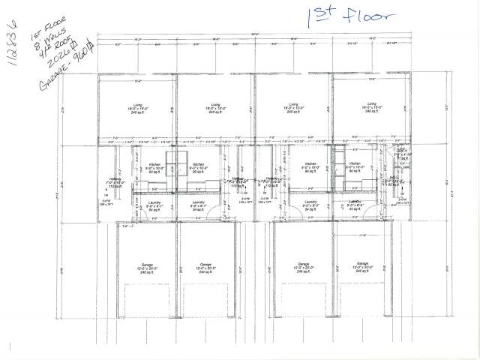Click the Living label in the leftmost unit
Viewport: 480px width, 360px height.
(x=137, y=104)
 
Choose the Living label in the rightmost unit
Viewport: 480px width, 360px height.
(x=371, y=104)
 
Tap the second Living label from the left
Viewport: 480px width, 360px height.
(x=215, y=104)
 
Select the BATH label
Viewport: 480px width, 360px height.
(x=403, y=150)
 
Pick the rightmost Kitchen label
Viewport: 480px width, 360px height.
(x=355, y=163)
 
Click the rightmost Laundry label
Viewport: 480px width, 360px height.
(x=355, y=202)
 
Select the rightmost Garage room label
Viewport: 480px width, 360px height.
(x=362, y=264)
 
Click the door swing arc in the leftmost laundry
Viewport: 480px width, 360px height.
(x=139, y=214)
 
